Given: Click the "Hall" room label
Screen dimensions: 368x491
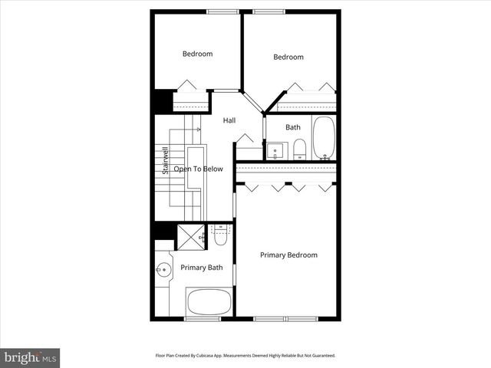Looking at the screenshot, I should click(x=229, y=120).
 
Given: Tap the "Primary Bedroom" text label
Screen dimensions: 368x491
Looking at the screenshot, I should click(x=288, y=255).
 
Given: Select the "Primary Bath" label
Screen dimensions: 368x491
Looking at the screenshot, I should click(x=202, y=268).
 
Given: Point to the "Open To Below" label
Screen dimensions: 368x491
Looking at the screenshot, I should click(x=198, y=169).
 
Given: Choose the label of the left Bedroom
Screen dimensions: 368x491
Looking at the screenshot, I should click(x=197, y=54).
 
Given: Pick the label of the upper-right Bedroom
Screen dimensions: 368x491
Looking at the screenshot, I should click(x=288, y=57).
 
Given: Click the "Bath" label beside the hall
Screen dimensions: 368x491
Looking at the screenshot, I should click(x=293, y=127).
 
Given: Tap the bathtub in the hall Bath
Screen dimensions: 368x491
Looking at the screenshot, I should click(x=323, y=138).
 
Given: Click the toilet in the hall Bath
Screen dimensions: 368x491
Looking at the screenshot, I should click(x=300, y=148).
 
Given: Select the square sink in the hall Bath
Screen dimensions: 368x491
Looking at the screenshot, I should click(x=275, y=149).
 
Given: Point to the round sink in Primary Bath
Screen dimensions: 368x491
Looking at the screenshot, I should click(x=163, y=270).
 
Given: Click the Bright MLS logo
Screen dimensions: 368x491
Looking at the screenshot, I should click(x=31, y=357).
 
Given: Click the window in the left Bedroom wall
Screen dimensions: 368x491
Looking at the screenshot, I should click(x=222, y=11).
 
